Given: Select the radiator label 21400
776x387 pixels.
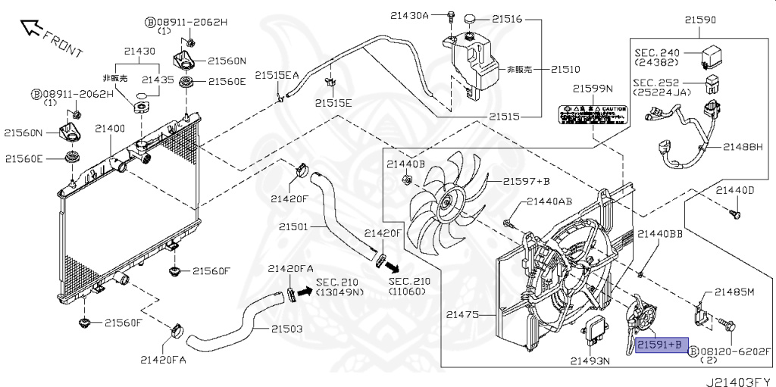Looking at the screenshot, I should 110,130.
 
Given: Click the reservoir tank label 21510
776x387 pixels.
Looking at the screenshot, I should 565,69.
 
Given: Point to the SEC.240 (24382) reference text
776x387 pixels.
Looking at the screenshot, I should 659,58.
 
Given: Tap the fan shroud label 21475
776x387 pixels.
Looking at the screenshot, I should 464,314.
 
